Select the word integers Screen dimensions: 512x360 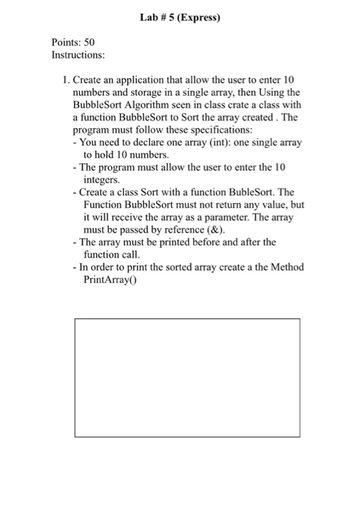click(101, 179)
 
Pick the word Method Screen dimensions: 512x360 click(285, 267)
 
